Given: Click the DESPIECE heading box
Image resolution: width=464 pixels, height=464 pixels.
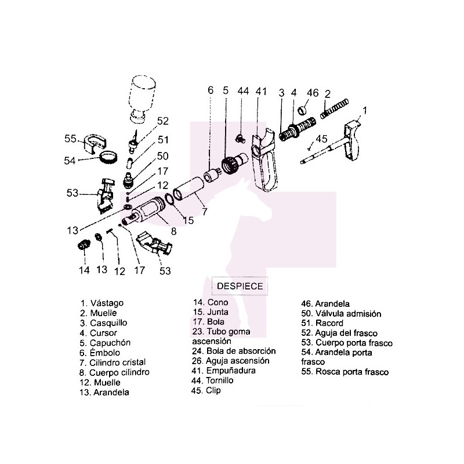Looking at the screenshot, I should (x=240, y=285).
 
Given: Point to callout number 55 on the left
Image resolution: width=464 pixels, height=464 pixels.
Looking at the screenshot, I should (x=71, y=139).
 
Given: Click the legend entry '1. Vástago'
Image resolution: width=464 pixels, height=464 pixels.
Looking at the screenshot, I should (x=102, y=303).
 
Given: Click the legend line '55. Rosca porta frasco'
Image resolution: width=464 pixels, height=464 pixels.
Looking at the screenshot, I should (x=345, y=372).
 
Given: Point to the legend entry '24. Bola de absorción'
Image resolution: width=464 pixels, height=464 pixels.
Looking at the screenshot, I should (x=233, y=351).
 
